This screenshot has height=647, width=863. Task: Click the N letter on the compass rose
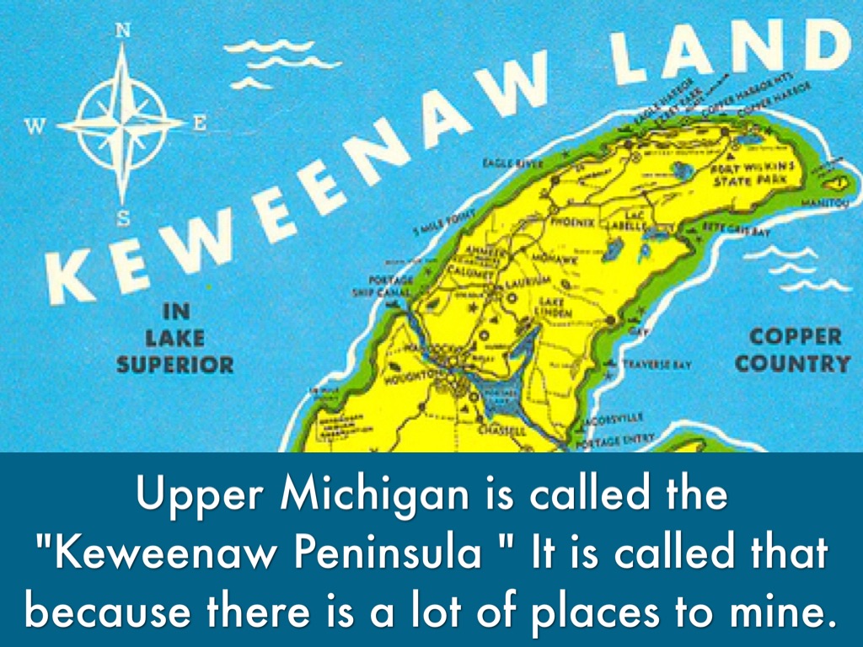(122, 30)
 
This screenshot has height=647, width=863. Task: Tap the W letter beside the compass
(35, 126)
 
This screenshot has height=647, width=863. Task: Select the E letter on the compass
(200, 123)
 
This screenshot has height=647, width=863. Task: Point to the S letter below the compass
(123, 219)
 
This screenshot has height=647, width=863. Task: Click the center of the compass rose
(122, 125)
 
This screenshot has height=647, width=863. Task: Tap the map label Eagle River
(512, 162)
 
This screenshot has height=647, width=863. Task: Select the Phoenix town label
(572, 222)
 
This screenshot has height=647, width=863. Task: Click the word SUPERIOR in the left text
(175, 365)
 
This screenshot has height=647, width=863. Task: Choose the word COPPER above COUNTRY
(795, 337)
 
